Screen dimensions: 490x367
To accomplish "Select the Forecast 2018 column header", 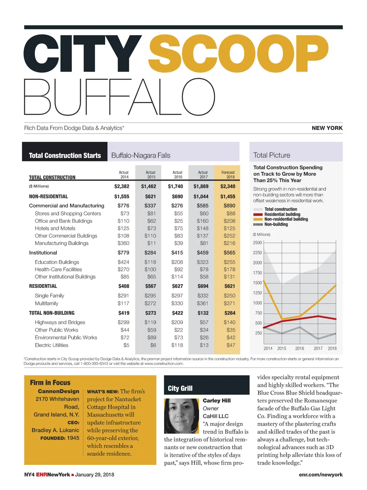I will (x=228, y=175).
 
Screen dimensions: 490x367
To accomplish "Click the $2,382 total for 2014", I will (x=122, y=186).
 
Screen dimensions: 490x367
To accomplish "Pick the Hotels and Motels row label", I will (x=55, y=228).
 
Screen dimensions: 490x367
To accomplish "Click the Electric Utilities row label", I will (x=51, y=345).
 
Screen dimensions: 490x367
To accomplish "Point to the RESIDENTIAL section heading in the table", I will (x=43, y=286).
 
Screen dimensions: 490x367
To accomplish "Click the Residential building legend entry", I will (x=282, y=214).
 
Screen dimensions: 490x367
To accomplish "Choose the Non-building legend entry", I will (x=276, y=224).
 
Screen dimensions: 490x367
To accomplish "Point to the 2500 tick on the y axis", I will (x=258, y=243).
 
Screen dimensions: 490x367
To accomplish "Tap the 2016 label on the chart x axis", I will (x=299, y=349).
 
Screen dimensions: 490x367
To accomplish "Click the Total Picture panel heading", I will (x=272, y=155).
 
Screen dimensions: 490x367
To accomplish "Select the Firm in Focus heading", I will (x=50, y=383).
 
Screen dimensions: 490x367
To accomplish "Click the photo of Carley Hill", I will (x=182, y=415).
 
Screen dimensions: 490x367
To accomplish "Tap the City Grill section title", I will (x=180, y=388).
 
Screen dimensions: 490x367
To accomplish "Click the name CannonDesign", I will (x=58, y=391).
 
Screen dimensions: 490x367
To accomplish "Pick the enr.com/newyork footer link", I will (x=321, y=475).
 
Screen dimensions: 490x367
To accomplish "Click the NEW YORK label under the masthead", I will (x=327, y=128).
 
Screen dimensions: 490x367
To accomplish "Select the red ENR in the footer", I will (x=42, y=475).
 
